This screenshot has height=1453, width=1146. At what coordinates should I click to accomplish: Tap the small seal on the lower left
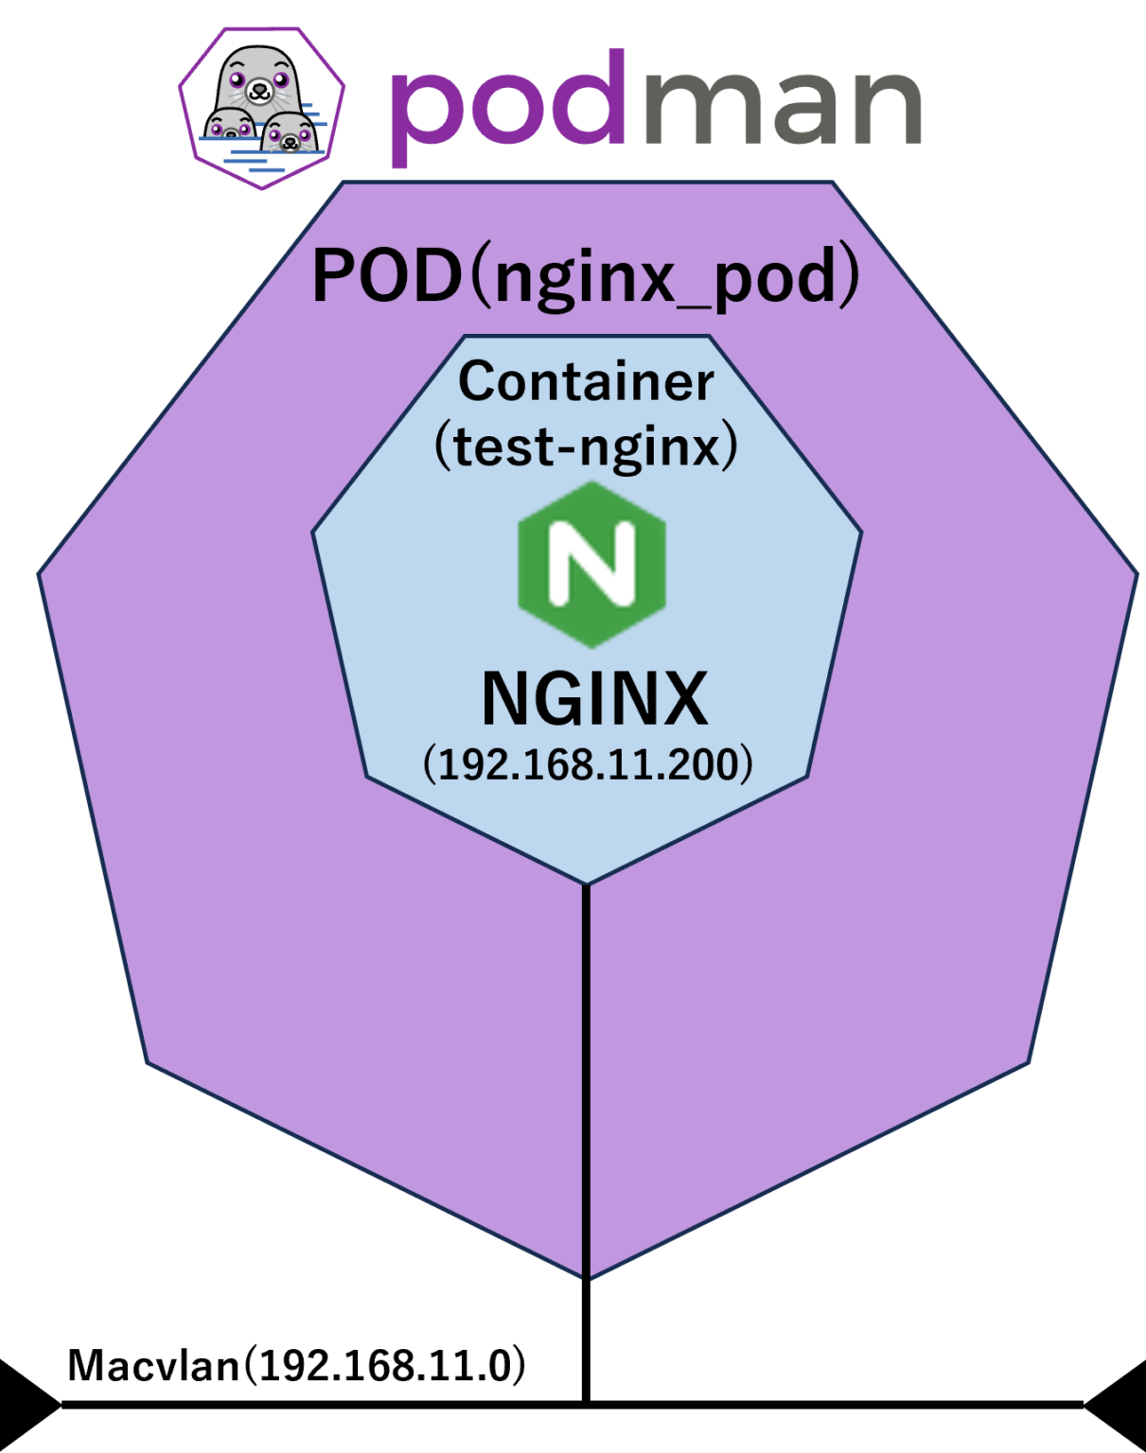pyautogui.click(x=230, y=126)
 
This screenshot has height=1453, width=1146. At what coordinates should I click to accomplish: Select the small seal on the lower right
pyautogui.click(x=287, y=132)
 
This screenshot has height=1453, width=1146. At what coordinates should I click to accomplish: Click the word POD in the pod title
pyautogui.click(x=384, y=277)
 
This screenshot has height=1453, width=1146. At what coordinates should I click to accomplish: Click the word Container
pyautogui.click(x=586, y=381)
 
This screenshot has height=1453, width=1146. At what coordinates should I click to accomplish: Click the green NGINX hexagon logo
pyautogui.click(x=592, y=564)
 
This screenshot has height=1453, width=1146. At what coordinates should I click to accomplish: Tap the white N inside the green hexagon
pyautogui.click(x=592, y=564)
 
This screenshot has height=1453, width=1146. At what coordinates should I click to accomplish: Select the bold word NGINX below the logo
pyautogui.click(x=594, y=699)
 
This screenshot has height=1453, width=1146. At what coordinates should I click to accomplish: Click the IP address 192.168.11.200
pyautogui.click(x=588, y=763)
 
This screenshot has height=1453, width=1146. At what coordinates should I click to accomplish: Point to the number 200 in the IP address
pyautogui.click(x=711, y=763)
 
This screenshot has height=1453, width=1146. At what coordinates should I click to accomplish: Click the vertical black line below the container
pyautogui.click(x=587, y=1078)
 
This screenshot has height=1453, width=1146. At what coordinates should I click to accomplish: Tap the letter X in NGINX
pyautogui.click(x=680, y=699)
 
